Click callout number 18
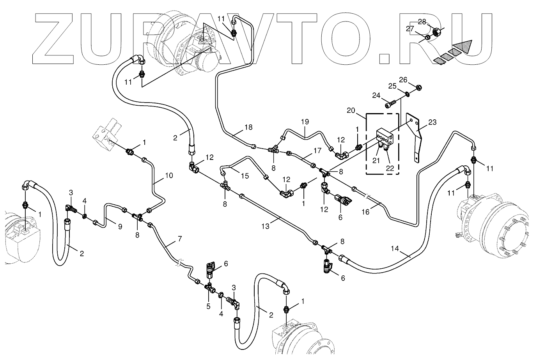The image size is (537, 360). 248,127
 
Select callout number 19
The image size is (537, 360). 305,122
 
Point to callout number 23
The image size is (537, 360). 432,122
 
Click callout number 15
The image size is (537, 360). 245,176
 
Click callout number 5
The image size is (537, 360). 209,307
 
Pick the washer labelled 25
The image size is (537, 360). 406,94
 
